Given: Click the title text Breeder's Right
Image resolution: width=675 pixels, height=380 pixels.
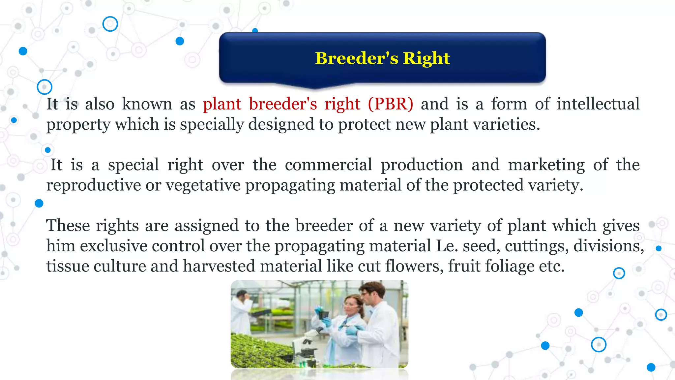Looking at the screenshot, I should pyautogui.click(x=382, y=58).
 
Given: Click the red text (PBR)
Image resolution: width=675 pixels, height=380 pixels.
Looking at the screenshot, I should pyautogui.click(x=390, y=104).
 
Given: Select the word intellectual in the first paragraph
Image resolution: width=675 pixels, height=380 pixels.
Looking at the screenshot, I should pyautogui.click(x=598, y=104).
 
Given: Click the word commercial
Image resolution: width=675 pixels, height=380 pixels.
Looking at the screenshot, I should pyautogui.click(x=328, y=165).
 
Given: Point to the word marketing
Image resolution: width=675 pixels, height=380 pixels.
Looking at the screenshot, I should pyautogui.click(x=546, y=165).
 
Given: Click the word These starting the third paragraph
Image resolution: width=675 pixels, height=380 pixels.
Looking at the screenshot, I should pyautogui.click(x=68, y=226).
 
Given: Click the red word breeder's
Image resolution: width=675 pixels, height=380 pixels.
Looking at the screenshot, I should pyautogui.click(x=283, y=104).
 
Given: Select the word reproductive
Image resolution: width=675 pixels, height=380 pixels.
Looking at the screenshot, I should pyautogui.click(x=94, y=185).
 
